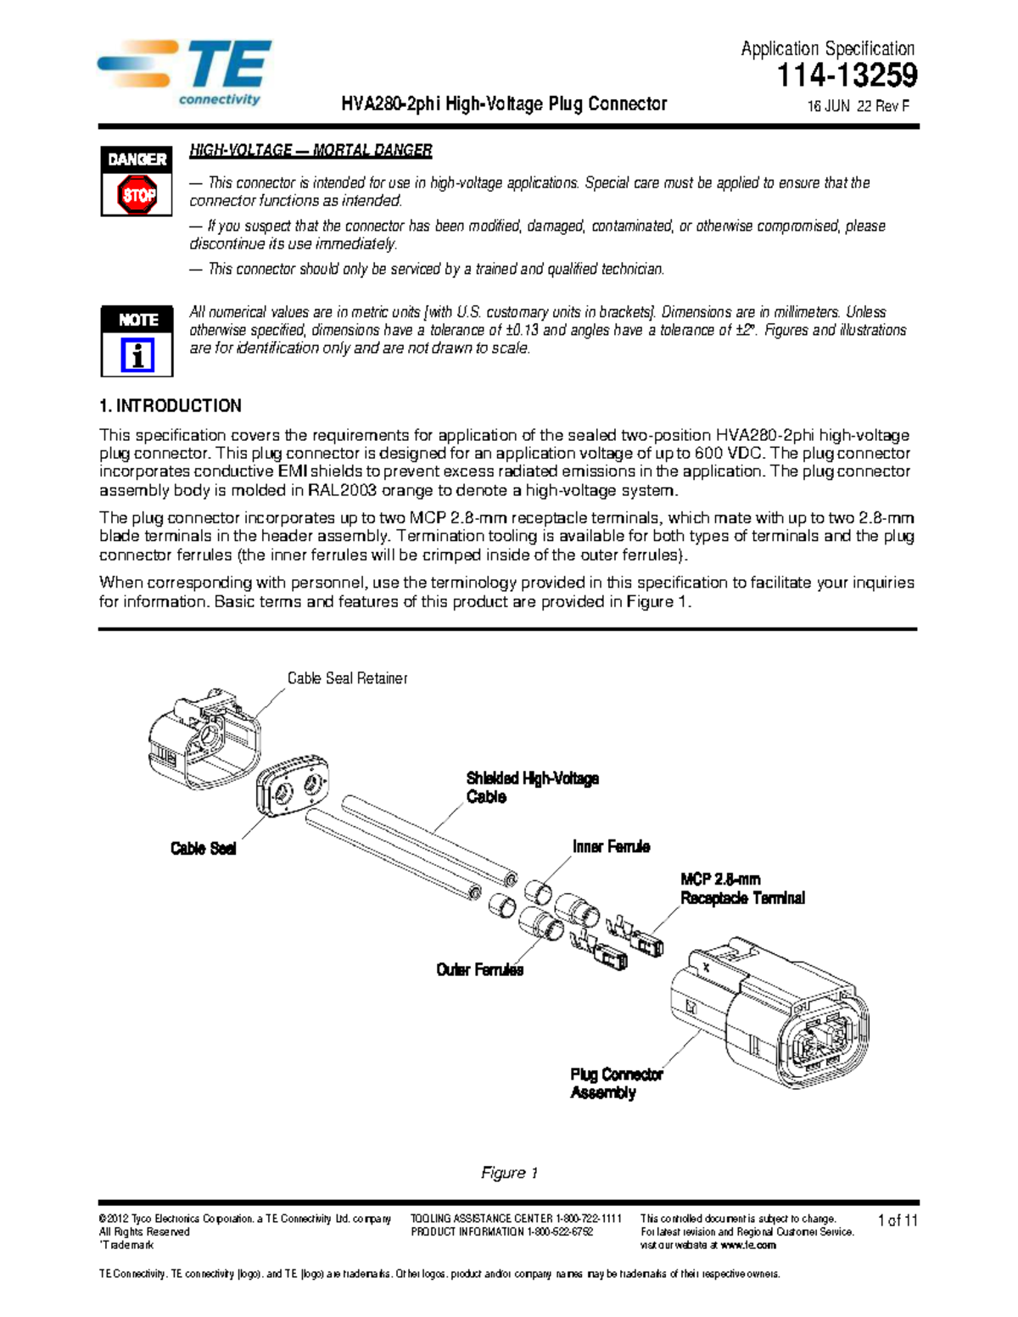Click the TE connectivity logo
pos(185,72)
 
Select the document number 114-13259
pos(847,76)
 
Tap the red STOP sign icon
pos(137,195)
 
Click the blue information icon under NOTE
pos(137,355)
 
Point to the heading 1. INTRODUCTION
pos(171,405)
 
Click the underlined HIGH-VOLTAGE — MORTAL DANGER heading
pos(310,151)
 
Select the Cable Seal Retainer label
pos(347,678)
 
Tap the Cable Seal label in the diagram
pos(203,849)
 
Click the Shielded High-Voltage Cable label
pos(532,787)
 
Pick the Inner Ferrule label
pos(611,846)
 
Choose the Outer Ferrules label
pos(479,969)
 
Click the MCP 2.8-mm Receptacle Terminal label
pos(742,889)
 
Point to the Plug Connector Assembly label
pos(616,1083)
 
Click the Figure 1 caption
pos(509,1173)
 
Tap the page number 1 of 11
pos(898,1220)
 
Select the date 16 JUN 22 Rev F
pos(858,107)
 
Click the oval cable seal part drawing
pos(293,789)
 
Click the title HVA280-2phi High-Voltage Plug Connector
pos(504,104)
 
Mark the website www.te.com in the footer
pos(747,1245)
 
